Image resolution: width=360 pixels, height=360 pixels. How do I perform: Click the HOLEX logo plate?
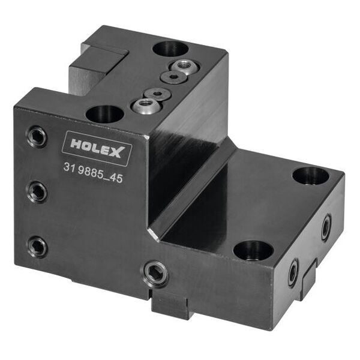tap(97, 148)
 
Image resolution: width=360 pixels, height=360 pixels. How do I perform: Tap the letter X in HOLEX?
tap(118, 152)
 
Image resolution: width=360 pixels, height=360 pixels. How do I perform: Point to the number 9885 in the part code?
tap(90, 172)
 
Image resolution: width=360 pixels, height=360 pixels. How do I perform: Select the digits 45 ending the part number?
tap(116, 178)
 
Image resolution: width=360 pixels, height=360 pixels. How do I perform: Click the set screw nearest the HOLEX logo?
tap(37, 137)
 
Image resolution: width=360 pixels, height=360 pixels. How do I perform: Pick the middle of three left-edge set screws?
tap(37, 192)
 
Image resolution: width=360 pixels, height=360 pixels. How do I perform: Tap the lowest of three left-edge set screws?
tap(37, 247)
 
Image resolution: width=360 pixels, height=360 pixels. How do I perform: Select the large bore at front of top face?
tap(105, 115)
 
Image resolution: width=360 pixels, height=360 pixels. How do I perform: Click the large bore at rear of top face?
tap(170, 49)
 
